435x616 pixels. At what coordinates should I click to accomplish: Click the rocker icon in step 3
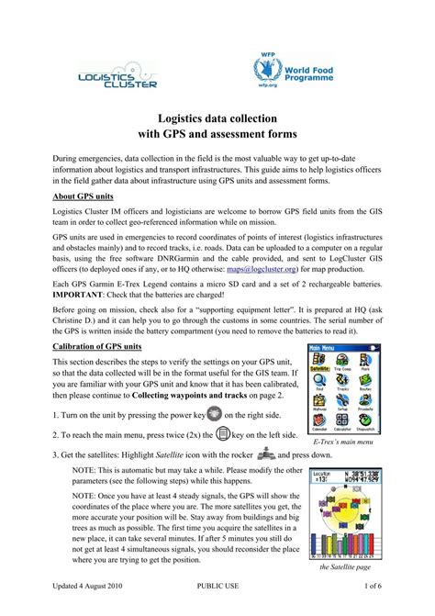[x=267, y=453]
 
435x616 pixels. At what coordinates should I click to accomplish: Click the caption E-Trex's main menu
[x=344, y=443]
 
